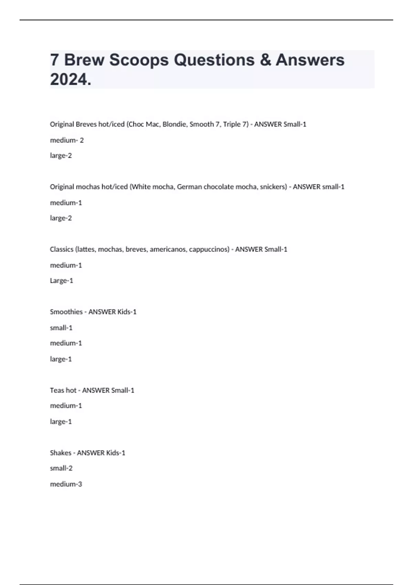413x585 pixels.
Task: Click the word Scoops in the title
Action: (x=139, y=60)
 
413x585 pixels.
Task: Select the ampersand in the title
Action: (x=265, y=60)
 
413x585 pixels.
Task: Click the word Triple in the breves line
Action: (x=232, y=124)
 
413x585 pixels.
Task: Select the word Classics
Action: (x=62, y=249)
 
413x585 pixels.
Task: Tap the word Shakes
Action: (x=61, y=453)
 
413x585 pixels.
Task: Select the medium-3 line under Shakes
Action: (x=66, y=484)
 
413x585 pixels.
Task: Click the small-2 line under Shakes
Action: (x=61, y=468)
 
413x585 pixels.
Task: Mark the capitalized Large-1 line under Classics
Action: (x=62, y=280)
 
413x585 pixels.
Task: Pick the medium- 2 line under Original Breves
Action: (x=67, y=140)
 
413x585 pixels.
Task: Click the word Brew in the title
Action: (x=84, y=60)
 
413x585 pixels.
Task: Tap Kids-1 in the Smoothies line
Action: (x=127, y=312)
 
